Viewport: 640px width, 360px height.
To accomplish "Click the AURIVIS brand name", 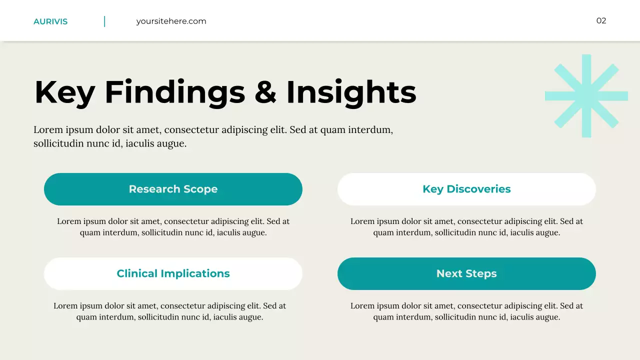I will click(x=50, y=21).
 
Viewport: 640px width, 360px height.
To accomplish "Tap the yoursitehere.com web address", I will click(x=171, y=21).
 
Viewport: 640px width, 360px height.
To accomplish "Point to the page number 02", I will click(x=601, y=20).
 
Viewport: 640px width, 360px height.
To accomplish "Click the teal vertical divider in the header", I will click(x=104, y=21).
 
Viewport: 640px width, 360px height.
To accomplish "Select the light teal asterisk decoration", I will click(x=586, y=95).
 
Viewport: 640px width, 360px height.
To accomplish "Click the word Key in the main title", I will click(x=64, y=92).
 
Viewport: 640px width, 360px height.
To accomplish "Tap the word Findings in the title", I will click(x=174, y=92).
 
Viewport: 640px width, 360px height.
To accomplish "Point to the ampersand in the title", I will click(x=265, y=92).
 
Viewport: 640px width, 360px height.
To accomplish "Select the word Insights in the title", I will click(x=351, y=92).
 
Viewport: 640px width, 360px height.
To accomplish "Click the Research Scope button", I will click(x=173, y=189).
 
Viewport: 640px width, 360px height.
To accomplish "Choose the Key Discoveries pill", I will click(x=466, y=189).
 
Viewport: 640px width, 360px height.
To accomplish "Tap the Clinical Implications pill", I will click(x=173, y=273).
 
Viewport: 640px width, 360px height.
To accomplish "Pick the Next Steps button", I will click(x=466, y=273).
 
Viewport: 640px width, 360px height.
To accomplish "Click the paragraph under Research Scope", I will click(x=173, y=227).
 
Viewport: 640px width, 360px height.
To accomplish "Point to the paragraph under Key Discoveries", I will click(x=466, y=227).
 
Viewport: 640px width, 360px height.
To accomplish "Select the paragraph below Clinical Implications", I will click(x=170, y=311).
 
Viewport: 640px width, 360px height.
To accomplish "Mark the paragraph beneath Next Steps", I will click(x=466, y=311).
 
